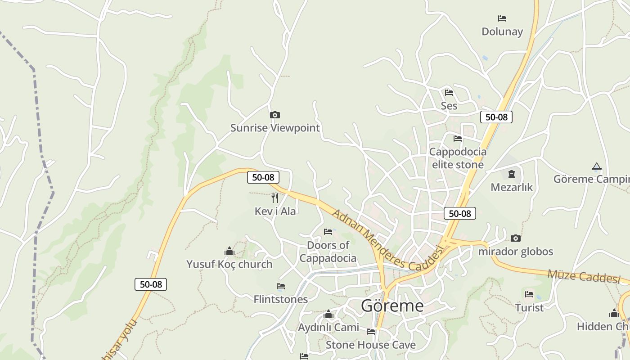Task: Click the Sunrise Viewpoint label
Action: (x=275, y=128)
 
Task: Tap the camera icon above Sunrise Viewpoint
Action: (x=274, y=115)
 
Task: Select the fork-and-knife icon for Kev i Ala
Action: (x=275, y=198)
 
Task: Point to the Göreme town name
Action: (x=392, y=306)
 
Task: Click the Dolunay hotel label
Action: (x=502, y=31)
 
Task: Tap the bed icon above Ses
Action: (x=449, y=93)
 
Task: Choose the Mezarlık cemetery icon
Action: (x=511, y=174)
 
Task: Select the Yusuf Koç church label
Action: (x=229, y=264)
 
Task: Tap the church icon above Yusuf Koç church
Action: (x=229, y=251)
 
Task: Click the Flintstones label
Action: (x=281, y=299)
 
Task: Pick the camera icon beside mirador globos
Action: (x=516, y=238)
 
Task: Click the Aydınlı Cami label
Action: (x=328, y=327)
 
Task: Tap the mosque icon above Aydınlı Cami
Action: (x=328, y=314)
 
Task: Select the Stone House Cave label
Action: (x=371, y=345)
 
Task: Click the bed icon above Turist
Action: (x=529, y=294)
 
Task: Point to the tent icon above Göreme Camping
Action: (x=597, y=166)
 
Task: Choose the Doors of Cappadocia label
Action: (x=328, y=252)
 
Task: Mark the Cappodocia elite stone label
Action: (x=458, y=158)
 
